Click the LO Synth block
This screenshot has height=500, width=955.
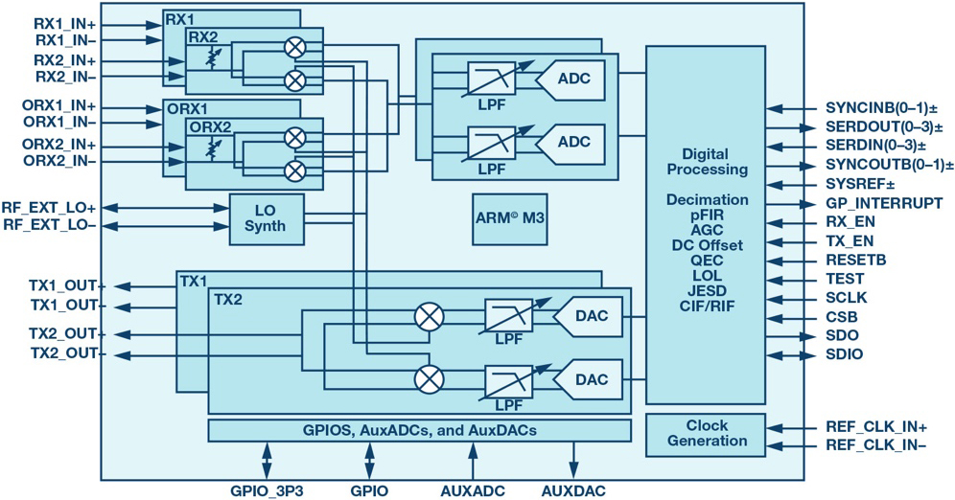point(267,219)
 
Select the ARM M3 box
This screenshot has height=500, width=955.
point(509,219)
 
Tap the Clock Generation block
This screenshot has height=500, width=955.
point(706,435)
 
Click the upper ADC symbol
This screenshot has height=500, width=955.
point(571,80)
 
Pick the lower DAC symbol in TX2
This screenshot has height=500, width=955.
point(588,379)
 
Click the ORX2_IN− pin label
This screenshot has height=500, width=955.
point(59,161)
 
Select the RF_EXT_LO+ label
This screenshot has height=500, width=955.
point(49,208)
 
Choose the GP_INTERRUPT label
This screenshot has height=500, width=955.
point(884,203)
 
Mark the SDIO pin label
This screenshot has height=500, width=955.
point(844,354)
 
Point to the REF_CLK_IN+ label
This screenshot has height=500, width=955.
point(875,427)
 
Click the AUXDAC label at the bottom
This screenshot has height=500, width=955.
point(573,490)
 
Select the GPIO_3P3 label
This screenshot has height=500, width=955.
point(267,490)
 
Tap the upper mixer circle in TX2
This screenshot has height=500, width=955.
point(429,316)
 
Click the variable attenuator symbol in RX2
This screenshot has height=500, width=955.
point(213,57)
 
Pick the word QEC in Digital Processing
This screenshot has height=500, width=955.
point(707,261)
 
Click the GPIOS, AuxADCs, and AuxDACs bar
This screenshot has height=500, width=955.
point(419,430)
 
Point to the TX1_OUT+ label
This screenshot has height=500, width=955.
point(68,286)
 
